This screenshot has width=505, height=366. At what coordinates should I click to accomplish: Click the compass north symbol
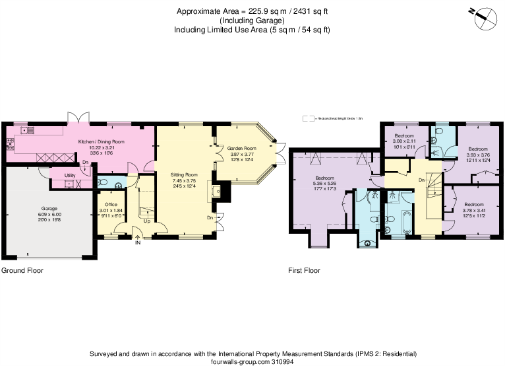coord(486,17)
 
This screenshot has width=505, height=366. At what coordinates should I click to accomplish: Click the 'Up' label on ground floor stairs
coord(146,221)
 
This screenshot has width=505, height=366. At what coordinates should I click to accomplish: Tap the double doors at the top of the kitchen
coord(77,119)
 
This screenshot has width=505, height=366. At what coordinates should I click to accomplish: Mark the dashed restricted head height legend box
coord(308,118)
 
